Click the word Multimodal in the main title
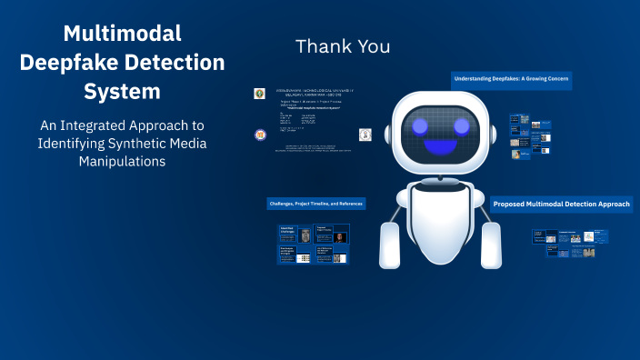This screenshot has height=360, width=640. click(x=122, y=34)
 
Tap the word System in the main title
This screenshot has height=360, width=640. click(x=122, y=92)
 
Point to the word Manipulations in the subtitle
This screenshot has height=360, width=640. click(x=122, y=162)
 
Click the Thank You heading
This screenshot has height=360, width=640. click(x=343, y=45)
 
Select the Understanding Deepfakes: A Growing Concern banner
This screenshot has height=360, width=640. click(x=512, y=80)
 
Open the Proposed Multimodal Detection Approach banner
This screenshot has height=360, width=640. click(x=561, y=205)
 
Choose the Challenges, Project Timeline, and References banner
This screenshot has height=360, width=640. click(x=315, y=203)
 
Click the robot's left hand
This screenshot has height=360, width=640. click(x=391, y=245)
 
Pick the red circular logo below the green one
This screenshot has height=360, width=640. click(x=261, y=135)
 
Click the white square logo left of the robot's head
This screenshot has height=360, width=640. click(x=365, y=135)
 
